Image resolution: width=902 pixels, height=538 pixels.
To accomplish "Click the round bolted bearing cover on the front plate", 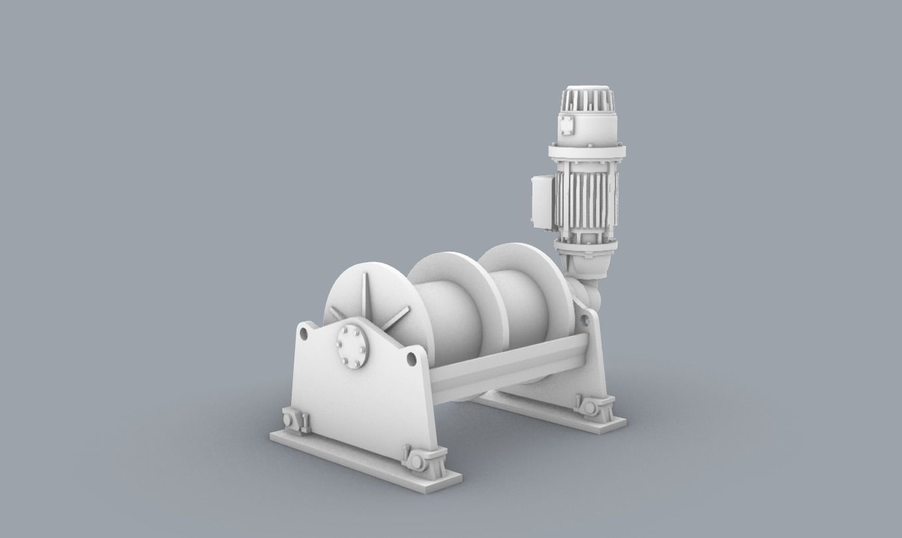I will click(x=353, y=346).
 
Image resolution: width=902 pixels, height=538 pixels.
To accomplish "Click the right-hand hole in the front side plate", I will click(x=411, y=359).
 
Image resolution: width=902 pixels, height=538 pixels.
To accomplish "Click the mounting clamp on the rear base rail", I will click(x=593, y=406).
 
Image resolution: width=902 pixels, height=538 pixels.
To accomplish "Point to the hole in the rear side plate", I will click(x=586, y=320).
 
